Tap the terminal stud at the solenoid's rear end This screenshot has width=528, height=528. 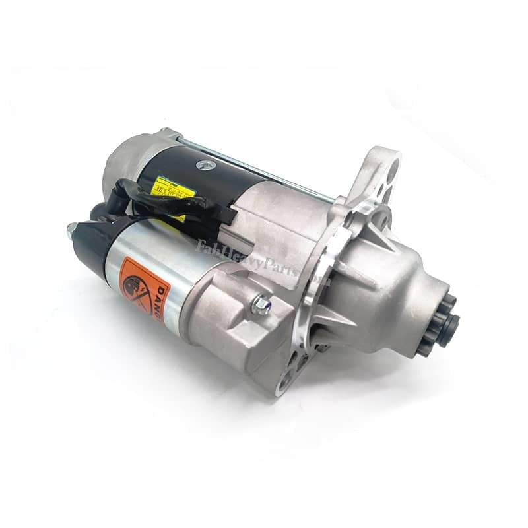pyautogui.click(x=71, y=229)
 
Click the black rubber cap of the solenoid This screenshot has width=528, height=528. pyautogui.click(x=92, y=244)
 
